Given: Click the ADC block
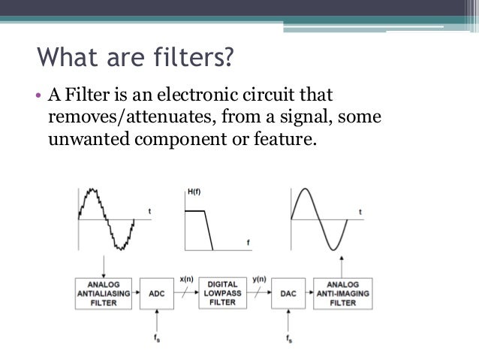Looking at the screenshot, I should [x=156, y=293].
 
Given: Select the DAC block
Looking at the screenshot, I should [x=288, y=293].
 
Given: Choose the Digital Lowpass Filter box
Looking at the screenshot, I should [x=222, y=293].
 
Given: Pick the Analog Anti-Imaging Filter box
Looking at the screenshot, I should [x=342, y=293].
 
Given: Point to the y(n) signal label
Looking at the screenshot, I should [x=259, y=279].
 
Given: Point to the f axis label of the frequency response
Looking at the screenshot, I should [x=247, y=242].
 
